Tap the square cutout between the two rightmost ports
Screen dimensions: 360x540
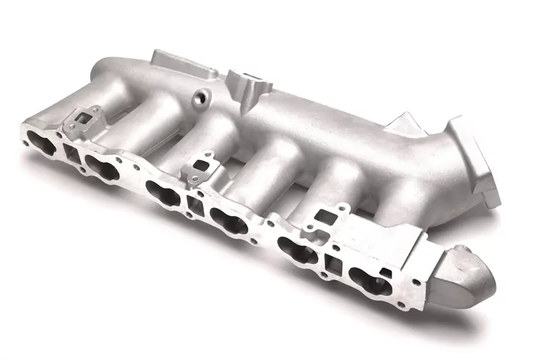pyautogui.click(x=333, y=259)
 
